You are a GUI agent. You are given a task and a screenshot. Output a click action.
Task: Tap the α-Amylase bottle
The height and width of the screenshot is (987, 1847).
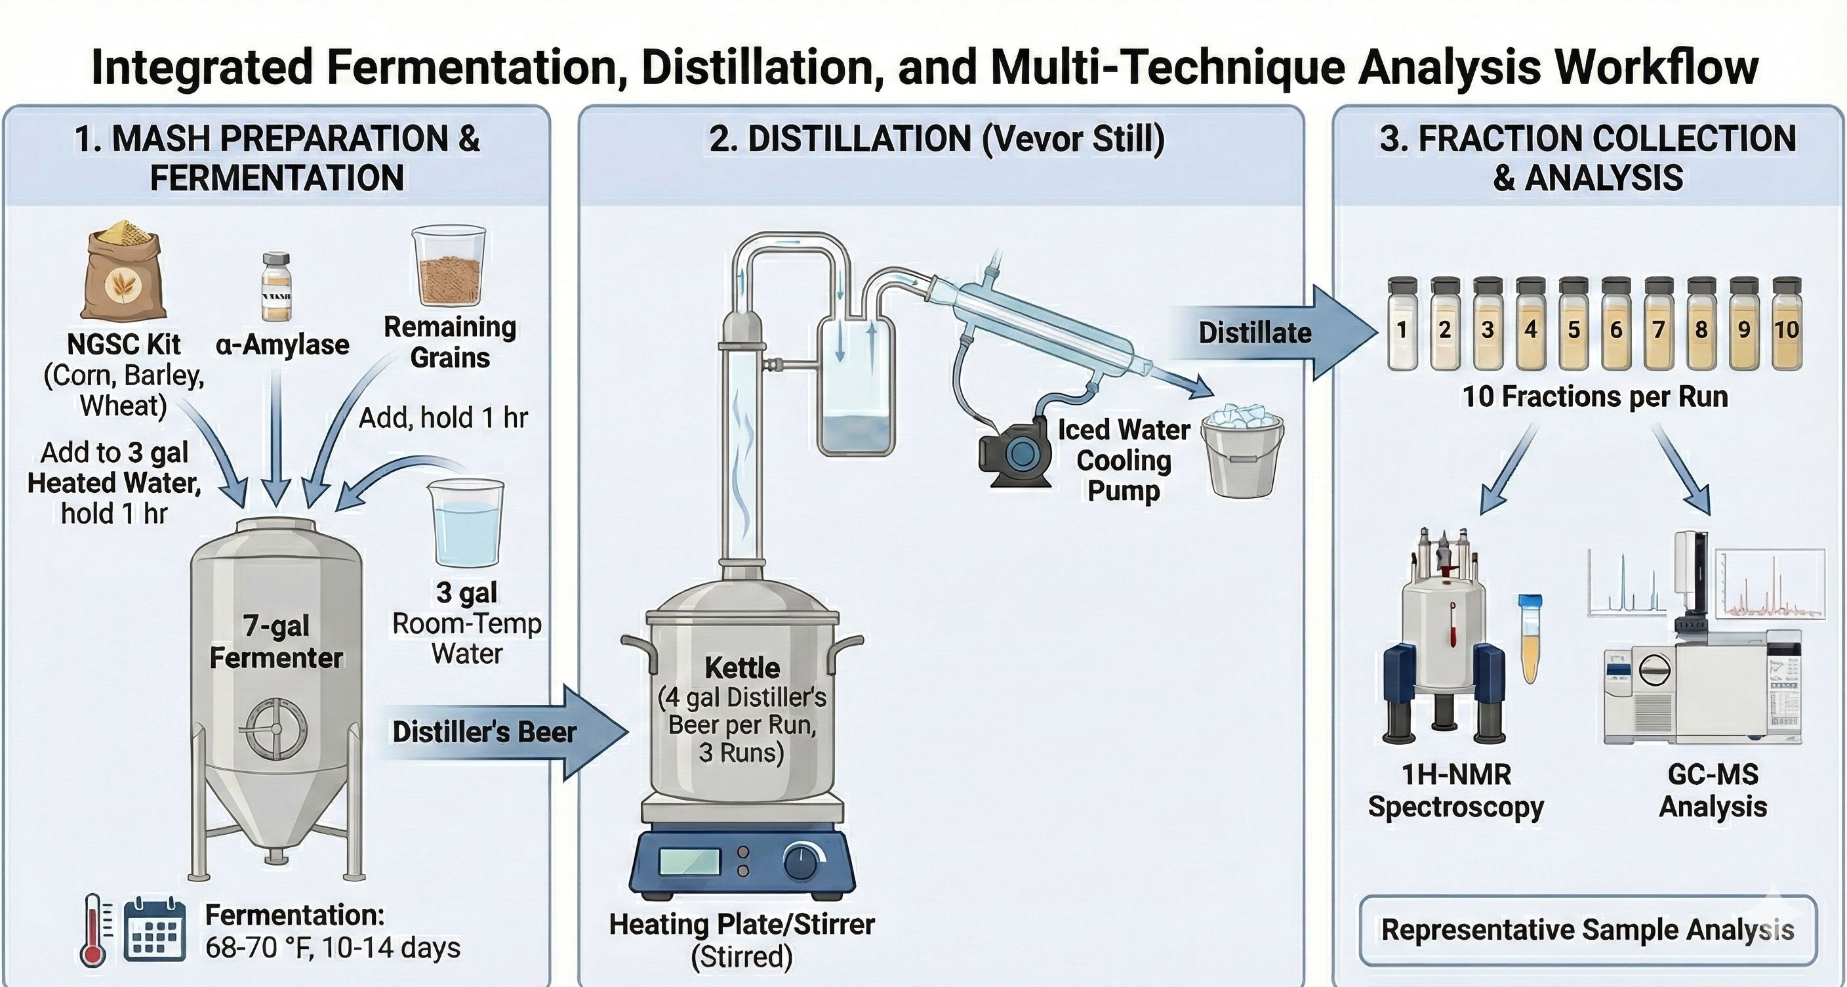[x=276, y=287]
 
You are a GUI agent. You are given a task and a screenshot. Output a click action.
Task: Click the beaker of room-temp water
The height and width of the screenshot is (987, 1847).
[x=466, y=524]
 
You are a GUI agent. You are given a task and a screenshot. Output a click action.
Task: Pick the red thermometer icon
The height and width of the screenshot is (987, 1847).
[x=93, y=931]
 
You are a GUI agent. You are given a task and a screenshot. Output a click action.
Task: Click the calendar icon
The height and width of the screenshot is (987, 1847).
[x=154, y=931]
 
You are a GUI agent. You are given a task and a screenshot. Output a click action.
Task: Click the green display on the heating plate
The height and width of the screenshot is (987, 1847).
[x=690, y=862]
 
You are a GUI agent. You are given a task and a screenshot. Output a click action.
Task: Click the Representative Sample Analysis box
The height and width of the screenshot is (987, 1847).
[x=1587, y=931]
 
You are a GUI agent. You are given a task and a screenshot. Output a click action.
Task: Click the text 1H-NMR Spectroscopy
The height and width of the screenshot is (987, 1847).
[x=1455, y=791]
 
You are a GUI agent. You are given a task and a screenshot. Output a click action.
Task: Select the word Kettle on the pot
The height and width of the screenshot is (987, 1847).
[x=742, y=668]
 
